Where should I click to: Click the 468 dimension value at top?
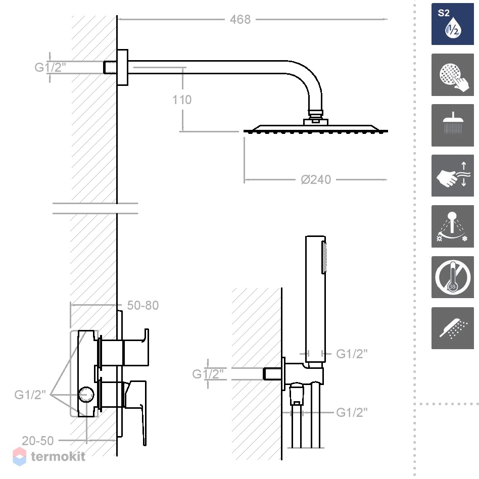click(240, 20)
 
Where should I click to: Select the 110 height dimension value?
click(182, 100)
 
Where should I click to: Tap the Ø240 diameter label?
click(316, 180)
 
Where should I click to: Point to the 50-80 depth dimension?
click(142, 305)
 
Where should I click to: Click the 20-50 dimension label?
click(37, 441)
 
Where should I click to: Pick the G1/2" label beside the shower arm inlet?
click(50, 67)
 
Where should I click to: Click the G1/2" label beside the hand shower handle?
click(352, 354)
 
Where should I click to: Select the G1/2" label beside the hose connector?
click(352, 412)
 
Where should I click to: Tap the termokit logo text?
click(58, 457)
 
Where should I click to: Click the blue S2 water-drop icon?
click(452, 24)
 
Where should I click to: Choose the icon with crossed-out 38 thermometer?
click(452, 277)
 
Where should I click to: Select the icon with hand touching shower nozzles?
click(452, 75)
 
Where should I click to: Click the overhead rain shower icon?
click(452, 125)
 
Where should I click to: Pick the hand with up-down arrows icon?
click(452, 176)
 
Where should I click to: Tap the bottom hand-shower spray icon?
click(452, 328)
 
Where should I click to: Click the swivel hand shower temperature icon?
click(452, 226)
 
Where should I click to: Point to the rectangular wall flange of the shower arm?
click(122, 67)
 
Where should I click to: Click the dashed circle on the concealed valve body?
click(86, 395)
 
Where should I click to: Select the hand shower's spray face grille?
click(324, 257)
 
